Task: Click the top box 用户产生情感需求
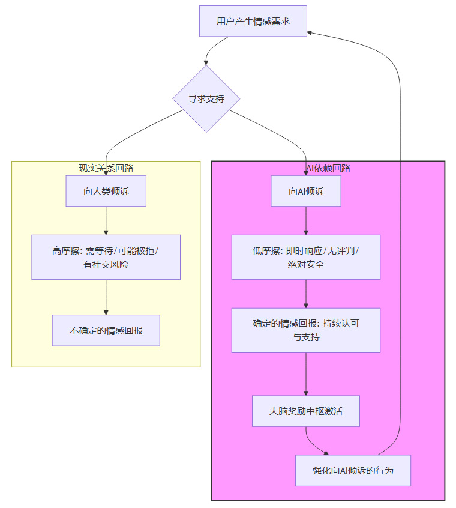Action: [253, 22]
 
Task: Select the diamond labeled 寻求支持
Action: [206, 98]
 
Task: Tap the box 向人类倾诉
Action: [106, 191]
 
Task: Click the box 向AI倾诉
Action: [306, 191]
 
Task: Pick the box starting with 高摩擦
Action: [106, 257]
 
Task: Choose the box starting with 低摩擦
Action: [306, 257]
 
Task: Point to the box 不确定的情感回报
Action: [106, 330]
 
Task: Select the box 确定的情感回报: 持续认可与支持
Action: [306, 330]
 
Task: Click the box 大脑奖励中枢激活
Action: [306, 411]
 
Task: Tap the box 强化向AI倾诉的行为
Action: [353, 470]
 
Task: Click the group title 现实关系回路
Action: [106, 168]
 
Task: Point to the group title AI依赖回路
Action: [328, 168]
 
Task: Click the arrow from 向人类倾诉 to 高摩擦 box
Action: [106, 220]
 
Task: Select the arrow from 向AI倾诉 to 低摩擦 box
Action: [306, 220]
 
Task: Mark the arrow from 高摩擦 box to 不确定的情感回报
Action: [106, 297]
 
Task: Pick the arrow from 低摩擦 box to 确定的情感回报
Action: [306, 294]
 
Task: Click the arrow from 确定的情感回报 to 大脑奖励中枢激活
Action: [306, 373]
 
